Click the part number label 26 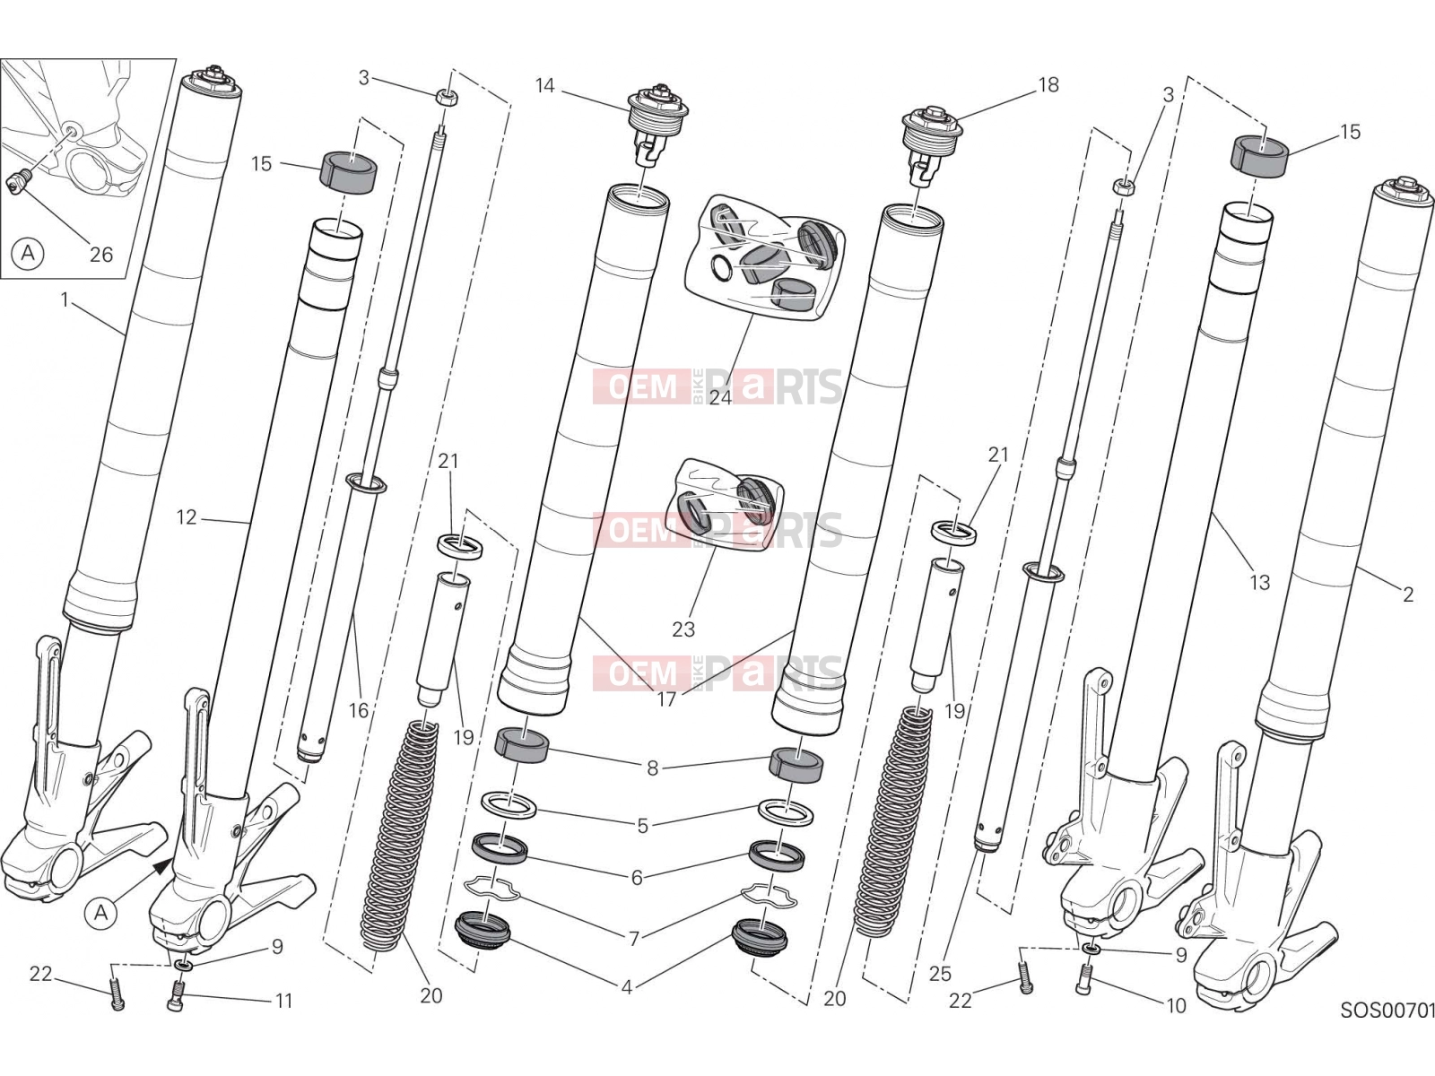click(101, 254)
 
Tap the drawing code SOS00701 click(1387, 1011)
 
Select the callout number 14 click(544, 85)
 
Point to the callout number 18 click(1048, 85)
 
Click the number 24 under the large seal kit click(720, 397)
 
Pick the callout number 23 click(683, 629)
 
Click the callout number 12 click(187, 517)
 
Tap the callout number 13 click(1259, 582)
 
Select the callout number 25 click(939, 974)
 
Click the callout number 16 click(358, 710)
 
